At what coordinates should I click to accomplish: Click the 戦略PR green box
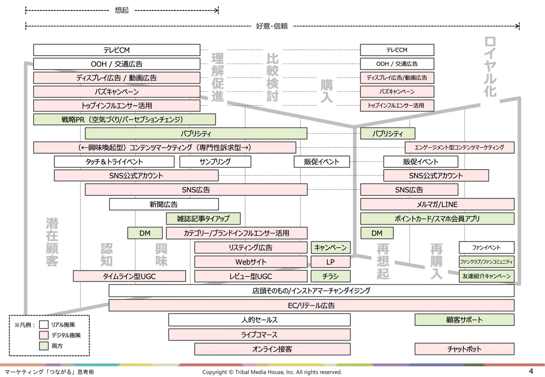pos(124,119)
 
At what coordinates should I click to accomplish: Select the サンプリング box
pos(215,162)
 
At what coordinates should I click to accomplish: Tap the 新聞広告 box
pos(164,204)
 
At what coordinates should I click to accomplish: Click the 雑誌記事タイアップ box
pos(203,219)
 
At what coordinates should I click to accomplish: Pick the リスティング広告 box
pos(251,247)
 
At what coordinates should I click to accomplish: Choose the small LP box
pos(331,262)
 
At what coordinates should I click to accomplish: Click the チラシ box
pos(331,276)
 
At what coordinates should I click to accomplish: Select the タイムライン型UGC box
pos(129,276)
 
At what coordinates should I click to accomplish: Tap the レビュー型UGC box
pos(251,276)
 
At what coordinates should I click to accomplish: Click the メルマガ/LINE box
pos(437,204)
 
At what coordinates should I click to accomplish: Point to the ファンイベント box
pos(486,247)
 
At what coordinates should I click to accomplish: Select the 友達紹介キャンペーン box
pos(486,276)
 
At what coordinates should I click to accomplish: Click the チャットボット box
pos(465,349)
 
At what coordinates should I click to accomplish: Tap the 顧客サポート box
pos(465,320)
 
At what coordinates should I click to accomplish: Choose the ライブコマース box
pos(259,335)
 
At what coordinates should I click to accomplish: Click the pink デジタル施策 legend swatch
pos(44,335)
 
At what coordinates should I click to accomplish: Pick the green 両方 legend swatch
pos(44,346)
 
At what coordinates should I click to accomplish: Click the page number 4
pos(531,371)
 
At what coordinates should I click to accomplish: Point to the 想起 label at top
pos(122,10)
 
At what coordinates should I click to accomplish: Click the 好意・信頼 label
pos(272,26)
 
